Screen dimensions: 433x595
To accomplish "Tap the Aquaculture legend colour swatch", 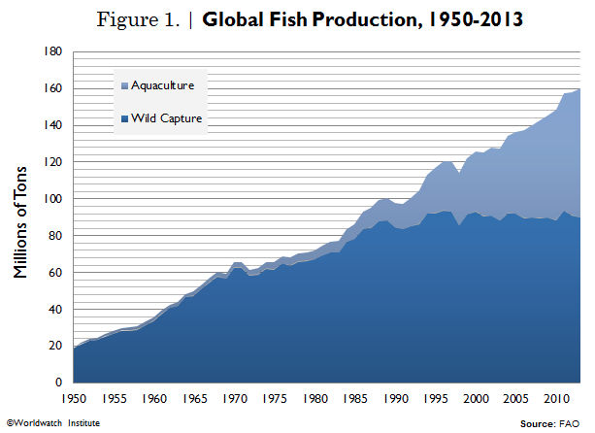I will pos(122,85).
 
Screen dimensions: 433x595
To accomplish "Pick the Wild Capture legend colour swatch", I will pos(122,118).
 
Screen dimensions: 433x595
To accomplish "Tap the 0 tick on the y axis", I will pos(59,383).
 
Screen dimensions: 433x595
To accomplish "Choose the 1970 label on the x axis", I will pos(235,399).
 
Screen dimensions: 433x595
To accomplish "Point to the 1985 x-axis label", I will pos(355,399).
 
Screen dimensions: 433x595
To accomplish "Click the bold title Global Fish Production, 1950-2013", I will pos(363,18).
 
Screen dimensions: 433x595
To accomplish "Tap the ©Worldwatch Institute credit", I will pos(52,423).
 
